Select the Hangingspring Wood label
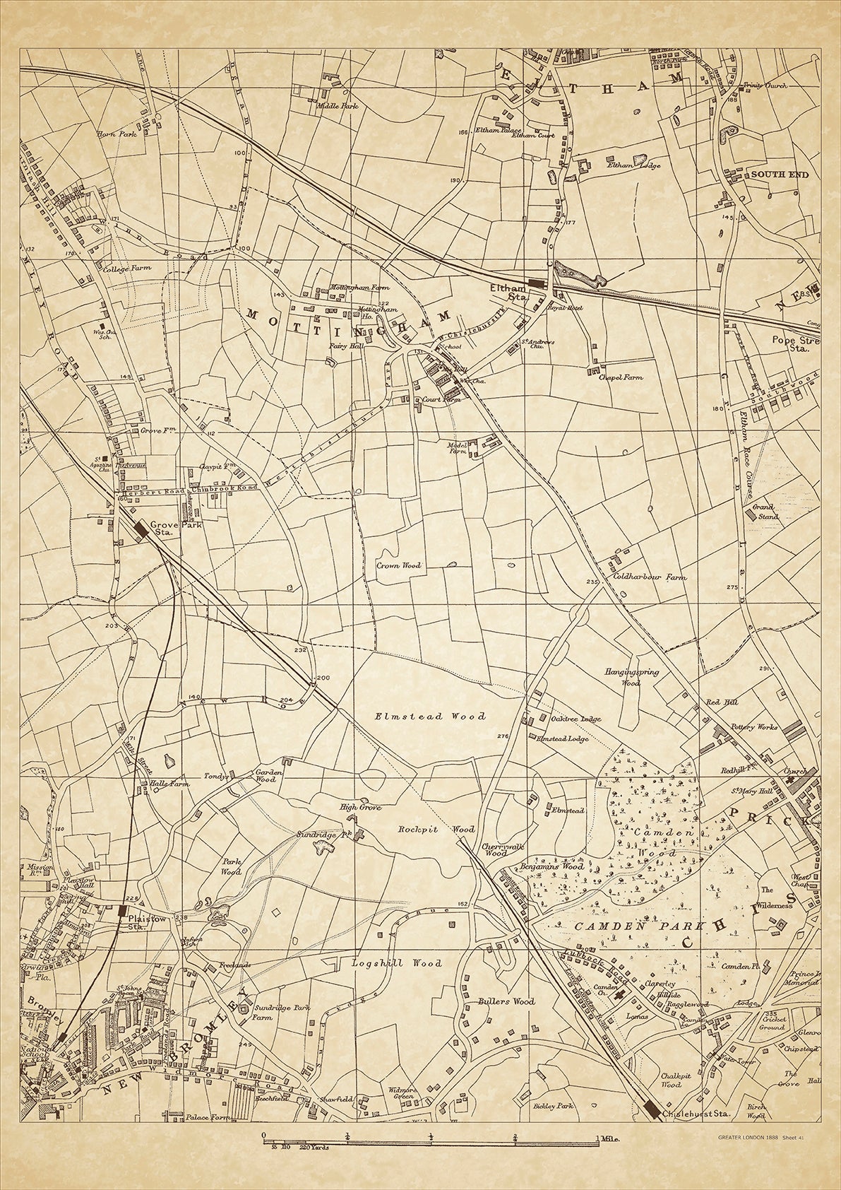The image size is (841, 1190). click(631, 677)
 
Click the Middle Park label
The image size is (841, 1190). click(338, 106)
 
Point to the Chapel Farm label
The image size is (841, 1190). click(621, 378)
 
